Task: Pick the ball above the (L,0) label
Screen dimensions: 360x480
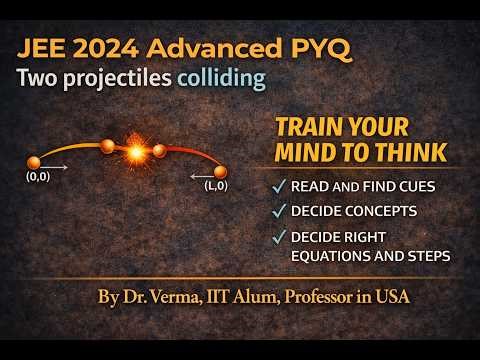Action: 221,171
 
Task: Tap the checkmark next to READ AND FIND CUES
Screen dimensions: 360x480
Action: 277,187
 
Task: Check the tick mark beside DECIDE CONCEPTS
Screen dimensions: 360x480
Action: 277,211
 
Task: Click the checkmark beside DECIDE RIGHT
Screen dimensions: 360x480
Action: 277,237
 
